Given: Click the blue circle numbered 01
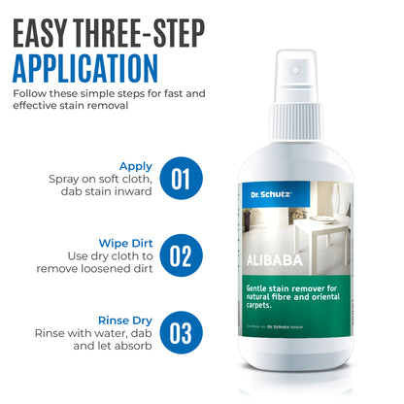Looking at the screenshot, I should (x=182, y=178).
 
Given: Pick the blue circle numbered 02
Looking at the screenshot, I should (x=182, y=254).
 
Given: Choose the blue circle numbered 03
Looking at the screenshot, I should (x=182, y=331).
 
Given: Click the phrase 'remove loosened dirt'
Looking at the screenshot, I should (x=97, y=268).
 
